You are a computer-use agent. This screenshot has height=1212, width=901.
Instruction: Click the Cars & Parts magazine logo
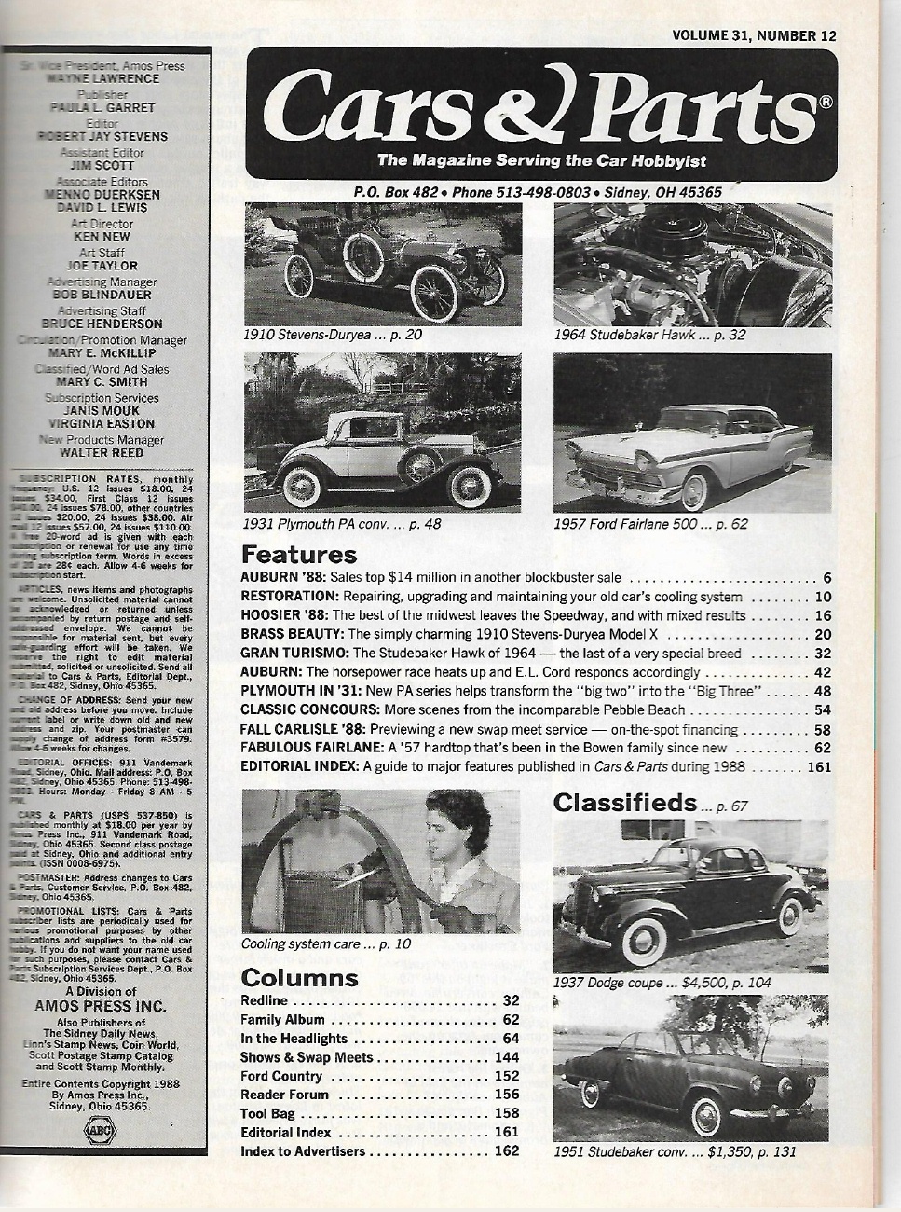tap(541, 107)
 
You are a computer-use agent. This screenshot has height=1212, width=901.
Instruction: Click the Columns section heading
tap(299, 977)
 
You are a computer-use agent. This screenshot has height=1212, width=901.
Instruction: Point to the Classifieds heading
tap(624, 803)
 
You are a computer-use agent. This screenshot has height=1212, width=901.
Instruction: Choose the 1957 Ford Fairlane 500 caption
tap(649, 524)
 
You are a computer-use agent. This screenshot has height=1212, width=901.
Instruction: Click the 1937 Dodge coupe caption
tap(662, 982)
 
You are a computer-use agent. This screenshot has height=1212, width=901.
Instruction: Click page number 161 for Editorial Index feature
tap(820, 766)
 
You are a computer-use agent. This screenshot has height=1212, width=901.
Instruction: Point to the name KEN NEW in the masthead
tap(102, 237)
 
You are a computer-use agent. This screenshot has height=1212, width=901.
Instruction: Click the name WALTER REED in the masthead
tap(102, 453)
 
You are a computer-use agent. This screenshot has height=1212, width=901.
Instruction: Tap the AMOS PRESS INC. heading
tap(100, 1006)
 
